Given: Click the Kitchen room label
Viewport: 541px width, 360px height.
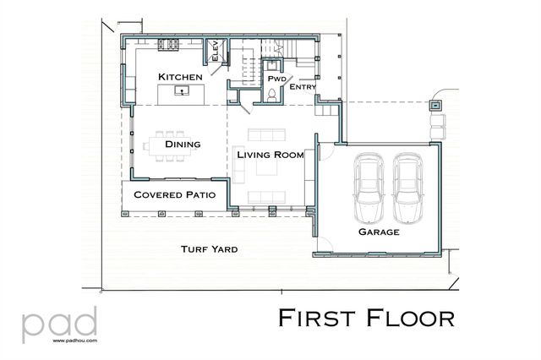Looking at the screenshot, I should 180,77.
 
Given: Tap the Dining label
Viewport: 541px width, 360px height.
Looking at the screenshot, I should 183,145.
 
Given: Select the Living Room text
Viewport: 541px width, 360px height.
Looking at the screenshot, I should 270,155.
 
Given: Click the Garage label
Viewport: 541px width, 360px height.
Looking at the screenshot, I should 378,232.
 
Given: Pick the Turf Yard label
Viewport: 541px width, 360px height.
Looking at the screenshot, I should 209,249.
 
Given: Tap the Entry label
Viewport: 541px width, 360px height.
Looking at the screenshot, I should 303,87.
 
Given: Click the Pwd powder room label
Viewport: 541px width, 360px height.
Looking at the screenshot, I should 277,79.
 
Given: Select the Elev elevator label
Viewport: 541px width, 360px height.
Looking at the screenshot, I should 216,52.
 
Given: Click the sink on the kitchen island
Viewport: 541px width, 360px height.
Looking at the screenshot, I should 181,89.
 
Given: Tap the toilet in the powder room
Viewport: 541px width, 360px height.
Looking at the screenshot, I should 271,96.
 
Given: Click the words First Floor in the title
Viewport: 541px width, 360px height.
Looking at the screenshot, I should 367,319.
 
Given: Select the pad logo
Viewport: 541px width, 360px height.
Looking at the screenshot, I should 59,323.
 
